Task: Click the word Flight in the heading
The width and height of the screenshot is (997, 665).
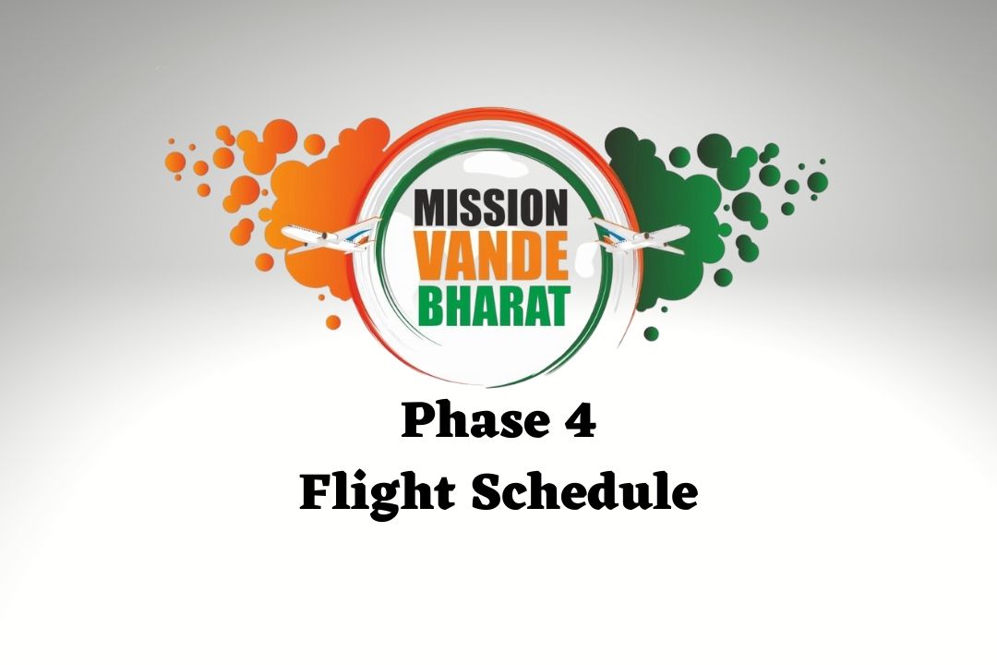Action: pyautogui.click(x=377, y=494)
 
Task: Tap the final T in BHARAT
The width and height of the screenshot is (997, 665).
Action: pyautogui.click(x=556, y=306)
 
